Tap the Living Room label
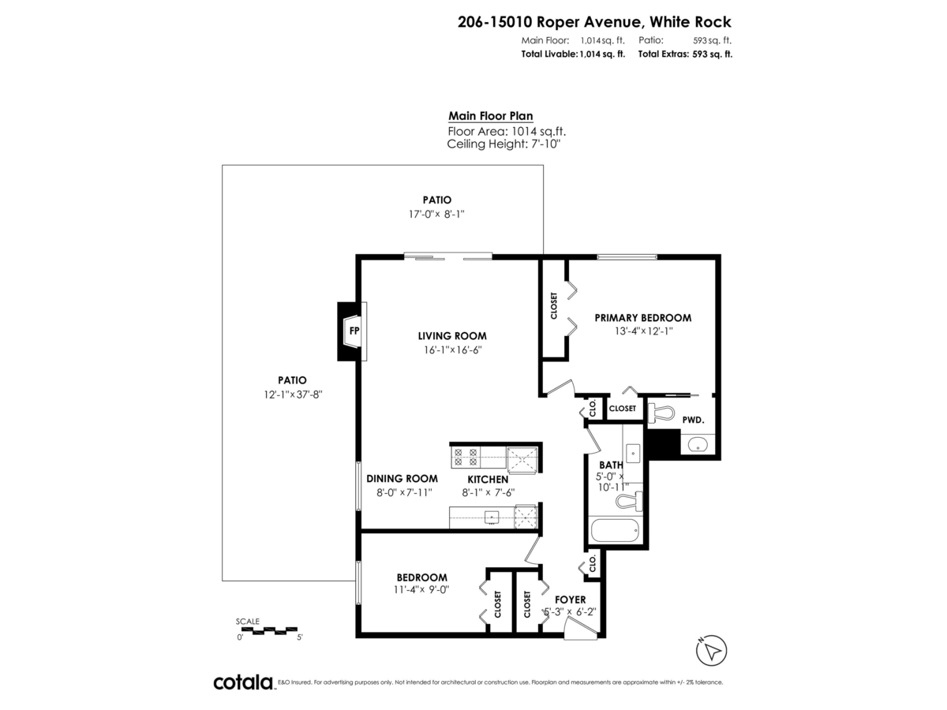click(x=452, y=335)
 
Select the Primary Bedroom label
click(x=642, y=318)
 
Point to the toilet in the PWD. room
click(x=660, y=411)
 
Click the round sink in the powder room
click(x=698, y=445)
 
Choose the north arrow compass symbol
click(x=711, y=651)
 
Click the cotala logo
click(x=243, y=682)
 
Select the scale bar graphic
click(x=268, y=630)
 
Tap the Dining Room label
click(x=402, y=479)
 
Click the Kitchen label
click(x=488, y=479)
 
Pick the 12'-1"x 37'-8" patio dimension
click(x=293, y=394)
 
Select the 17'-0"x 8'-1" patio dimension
click(x=436, y=214)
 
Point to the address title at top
click(x=594, y=22)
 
